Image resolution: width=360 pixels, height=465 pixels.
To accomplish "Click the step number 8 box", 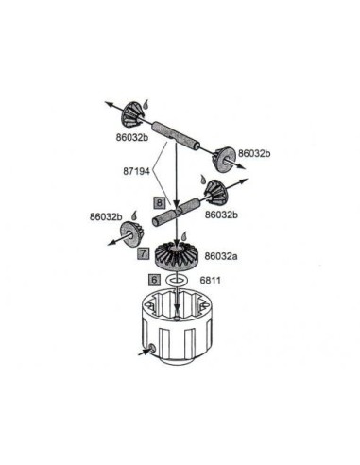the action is click(160, 203).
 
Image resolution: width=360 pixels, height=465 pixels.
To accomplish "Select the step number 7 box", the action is click(144, 253).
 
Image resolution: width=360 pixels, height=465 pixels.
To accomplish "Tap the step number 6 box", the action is click(154, 280).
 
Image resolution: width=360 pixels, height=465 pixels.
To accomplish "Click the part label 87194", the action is click(136, 172).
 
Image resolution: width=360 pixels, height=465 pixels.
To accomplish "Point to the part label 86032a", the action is click(221, 256).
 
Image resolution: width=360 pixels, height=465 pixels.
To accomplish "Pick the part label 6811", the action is click(211, 280).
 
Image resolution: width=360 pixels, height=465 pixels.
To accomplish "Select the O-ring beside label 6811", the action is click(177, 280).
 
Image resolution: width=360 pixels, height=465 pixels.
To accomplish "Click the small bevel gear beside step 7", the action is click(130, 233).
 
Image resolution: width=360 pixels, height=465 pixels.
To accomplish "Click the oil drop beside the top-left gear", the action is click(146, 104).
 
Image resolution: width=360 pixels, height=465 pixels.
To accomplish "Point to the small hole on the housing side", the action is click(151, 348).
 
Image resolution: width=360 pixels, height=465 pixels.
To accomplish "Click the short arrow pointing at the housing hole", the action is click(144, 352).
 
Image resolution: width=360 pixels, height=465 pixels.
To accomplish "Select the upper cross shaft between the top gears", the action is click(176, 137).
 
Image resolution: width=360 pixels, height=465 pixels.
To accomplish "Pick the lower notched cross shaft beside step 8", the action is click(176, 212).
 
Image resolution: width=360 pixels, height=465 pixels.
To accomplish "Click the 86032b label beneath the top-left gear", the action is click(132, 138).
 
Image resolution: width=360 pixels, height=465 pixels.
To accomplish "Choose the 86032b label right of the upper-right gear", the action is click(254, 153).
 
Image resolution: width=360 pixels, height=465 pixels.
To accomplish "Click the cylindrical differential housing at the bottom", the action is click(177, 328).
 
